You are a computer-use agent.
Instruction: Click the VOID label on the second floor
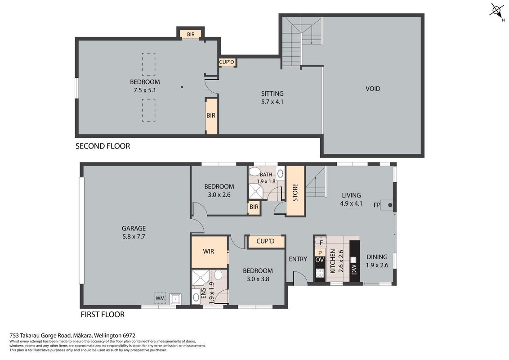click(373, 89)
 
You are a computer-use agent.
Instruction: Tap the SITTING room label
click(272, 94)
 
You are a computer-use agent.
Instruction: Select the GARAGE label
click(134, 229)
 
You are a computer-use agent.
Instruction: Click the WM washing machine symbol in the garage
click(160, 298)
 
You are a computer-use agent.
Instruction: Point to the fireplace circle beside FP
click(390, 205)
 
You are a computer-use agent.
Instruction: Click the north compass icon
click(496, 11)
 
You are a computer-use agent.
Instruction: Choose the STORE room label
click(295, 192)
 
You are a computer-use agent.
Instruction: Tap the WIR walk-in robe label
click(208, 252)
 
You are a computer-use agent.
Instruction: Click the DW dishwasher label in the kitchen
click(354, 270)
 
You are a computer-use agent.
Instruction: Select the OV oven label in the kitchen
click(320, 260)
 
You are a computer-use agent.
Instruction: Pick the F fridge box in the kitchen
click(321, 243)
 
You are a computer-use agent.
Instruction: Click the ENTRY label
click(298, 259)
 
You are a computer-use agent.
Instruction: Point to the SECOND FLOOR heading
click(103, 146)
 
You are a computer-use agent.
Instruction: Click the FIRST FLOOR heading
click(103, 315)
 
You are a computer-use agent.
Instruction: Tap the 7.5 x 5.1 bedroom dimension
click(145, 90)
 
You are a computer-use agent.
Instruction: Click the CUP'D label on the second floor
click(227, 62)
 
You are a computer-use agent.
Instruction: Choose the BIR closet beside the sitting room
click(211, 116)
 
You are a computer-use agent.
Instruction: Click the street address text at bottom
click(72, 336)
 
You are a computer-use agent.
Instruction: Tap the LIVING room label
click(351, 195)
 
